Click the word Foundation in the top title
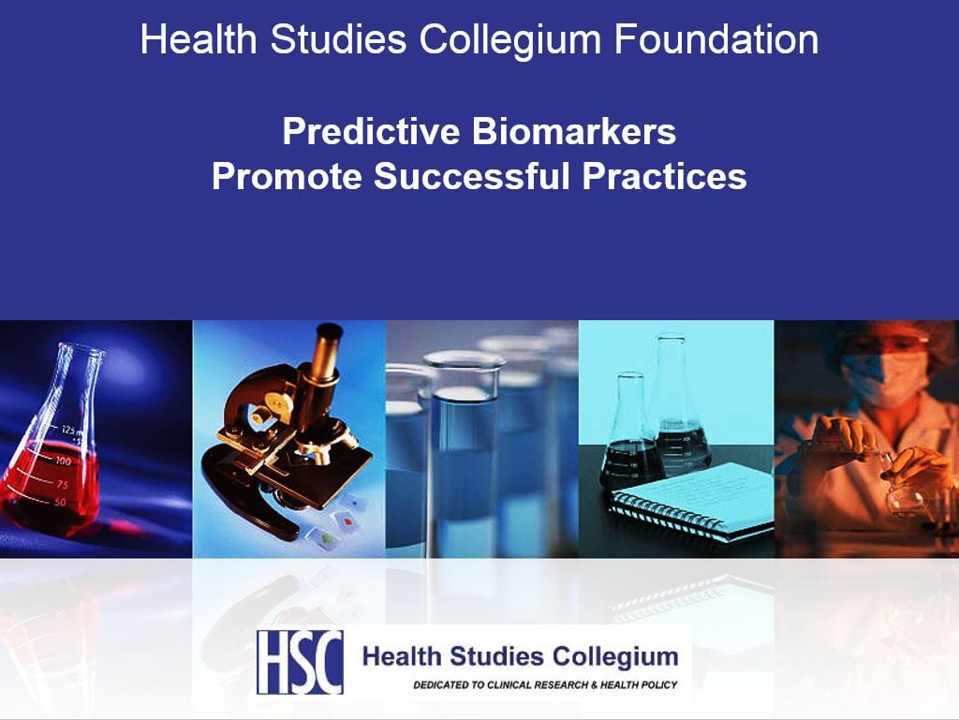(716, 39)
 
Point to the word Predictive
(371, 131)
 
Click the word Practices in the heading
(664, 176)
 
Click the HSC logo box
(300, 662)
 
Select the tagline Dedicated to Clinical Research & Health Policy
(545, 685)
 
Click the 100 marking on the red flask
(63, 461)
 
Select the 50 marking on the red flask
(60, 503)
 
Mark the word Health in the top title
(199, 39)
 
